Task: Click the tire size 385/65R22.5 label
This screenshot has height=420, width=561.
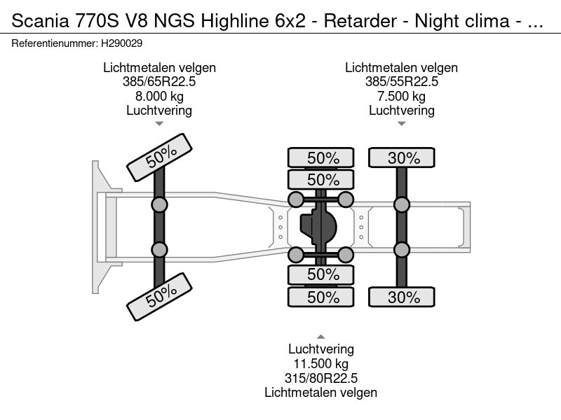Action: coord(159,82)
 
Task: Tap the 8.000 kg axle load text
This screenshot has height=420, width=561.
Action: coord(159,96)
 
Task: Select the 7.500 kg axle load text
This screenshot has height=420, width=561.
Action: coord(402,96)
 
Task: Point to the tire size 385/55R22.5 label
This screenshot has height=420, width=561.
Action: coord(402,82)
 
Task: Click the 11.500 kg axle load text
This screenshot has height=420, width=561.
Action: coord(320,363)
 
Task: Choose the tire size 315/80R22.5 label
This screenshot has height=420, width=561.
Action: coord(320,378)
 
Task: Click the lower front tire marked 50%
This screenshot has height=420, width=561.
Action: coord(160,295)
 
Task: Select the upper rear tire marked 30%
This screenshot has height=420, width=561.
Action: coord(403,158)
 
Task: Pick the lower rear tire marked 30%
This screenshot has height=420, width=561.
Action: coord(403,297)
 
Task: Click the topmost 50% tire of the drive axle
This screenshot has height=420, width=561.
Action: coord(323,158)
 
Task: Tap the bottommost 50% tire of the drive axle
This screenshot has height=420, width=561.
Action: coord(323,297)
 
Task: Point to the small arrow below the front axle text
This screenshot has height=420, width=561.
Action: coord(159,124)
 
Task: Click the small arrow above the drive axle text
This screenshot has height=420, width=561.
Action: coord(320,337)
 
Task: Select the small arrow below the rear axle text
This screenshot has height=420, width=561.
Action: coord(402,124)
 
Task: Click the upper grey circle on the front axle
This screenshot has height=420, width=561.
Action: coord(160,204)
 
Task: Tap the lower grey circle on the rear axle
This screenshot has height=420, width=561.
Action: coord(402,250)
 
